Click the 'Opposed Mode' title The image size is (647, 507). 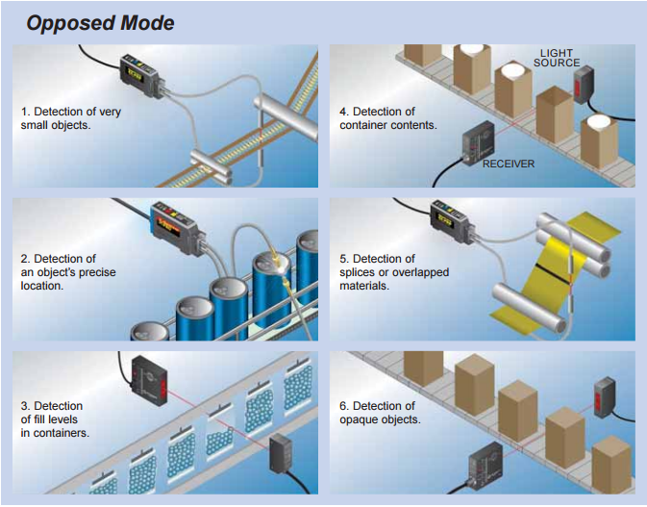[100, 22]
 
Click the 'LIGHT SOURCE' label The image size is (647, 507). [560, 58]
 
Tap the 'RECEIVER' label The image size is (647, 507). [508, 164]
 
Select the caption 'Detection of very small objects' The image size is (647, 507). [71, 118]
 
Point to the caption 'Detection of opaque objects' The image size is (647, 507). [377, 413]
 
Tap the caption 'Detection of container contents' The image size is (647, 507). [389, 118]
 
